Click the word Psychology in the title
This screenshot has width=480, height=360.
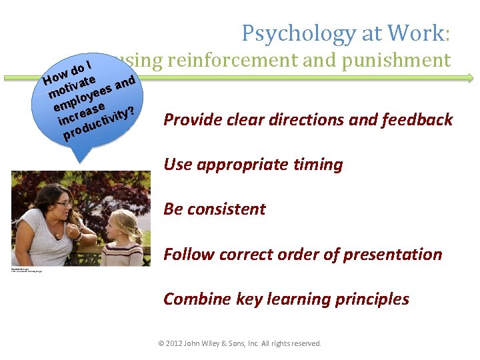pyautogui.click(x=290, y=33)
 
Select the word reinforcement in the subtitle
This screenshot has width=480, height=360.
pyautogui.click(x=222, y=61)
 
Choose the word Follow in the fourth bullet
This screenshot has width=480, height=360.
pyautogui.click(x=186, y=255)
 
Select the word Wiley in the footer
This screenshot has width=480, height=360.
pyautogui.click(x=217, y=344)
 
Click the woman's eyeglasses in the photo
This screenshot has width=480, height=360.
pyautogui.click(x=63, y=203)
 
